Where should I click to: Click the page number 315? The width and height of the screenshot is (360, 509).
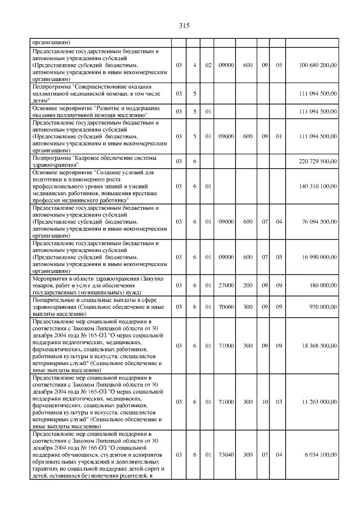coord(183,26)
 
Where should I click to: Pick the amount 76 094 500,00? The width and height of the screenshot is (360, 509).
coord(318,222)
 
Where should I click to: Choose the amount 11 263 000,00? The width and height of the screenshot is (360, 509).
coord(319,402)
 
